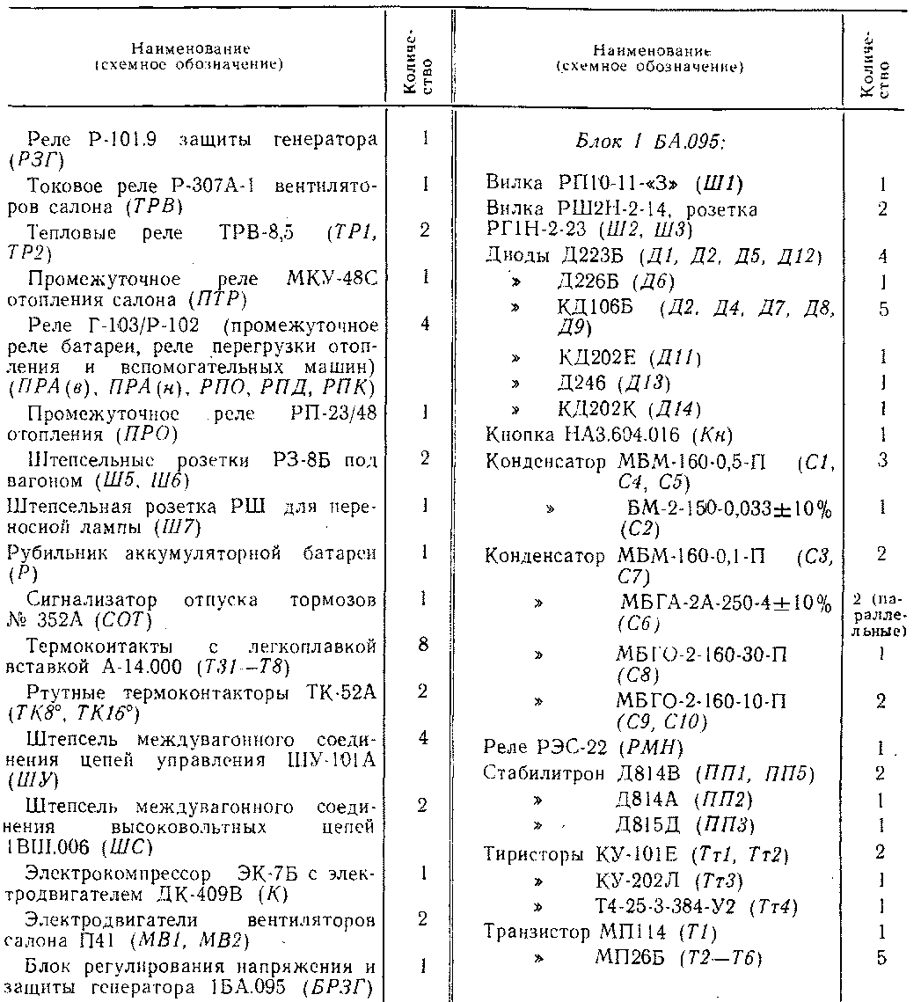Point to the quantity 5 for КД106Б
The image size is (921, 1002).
tap(881, 310)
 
